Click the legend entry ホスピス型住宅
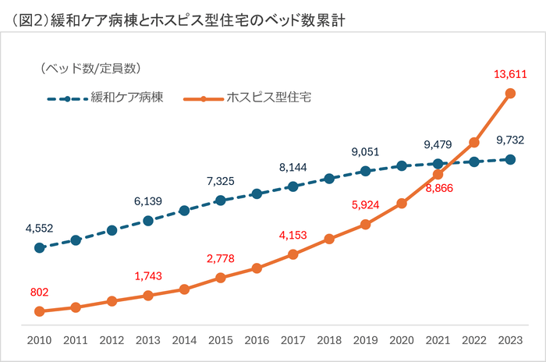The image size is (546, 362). coord(269,98)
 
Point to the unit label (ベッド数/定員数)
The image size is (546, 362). coord(90,69)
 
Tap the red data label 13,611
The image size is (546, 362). coord(510,75)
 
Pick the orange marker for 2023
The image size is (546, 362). coord(510,94)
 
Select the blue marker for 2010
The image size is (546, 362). coord(39,248)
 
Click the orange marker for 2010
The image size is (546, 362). coord(39,311)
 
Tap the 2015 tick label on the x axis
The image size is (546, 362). coord(220,341)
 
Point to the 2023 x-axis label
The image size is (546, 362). coord(510,341)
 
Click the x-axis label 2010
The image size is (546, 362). coord(39,341)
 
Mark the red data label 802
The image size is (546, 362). coord(39,293)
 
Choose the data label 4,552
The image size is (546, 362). coord(39,229)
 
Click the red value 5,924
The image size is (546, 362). coord(365,205)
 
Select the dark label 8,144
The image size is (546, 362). coord(292,167)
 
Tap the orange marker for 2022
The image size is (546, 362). coord(473,143)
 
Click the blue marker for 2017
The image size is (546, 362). coord(292,186)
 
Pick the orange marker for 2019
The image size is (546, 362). coord(365,225)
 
